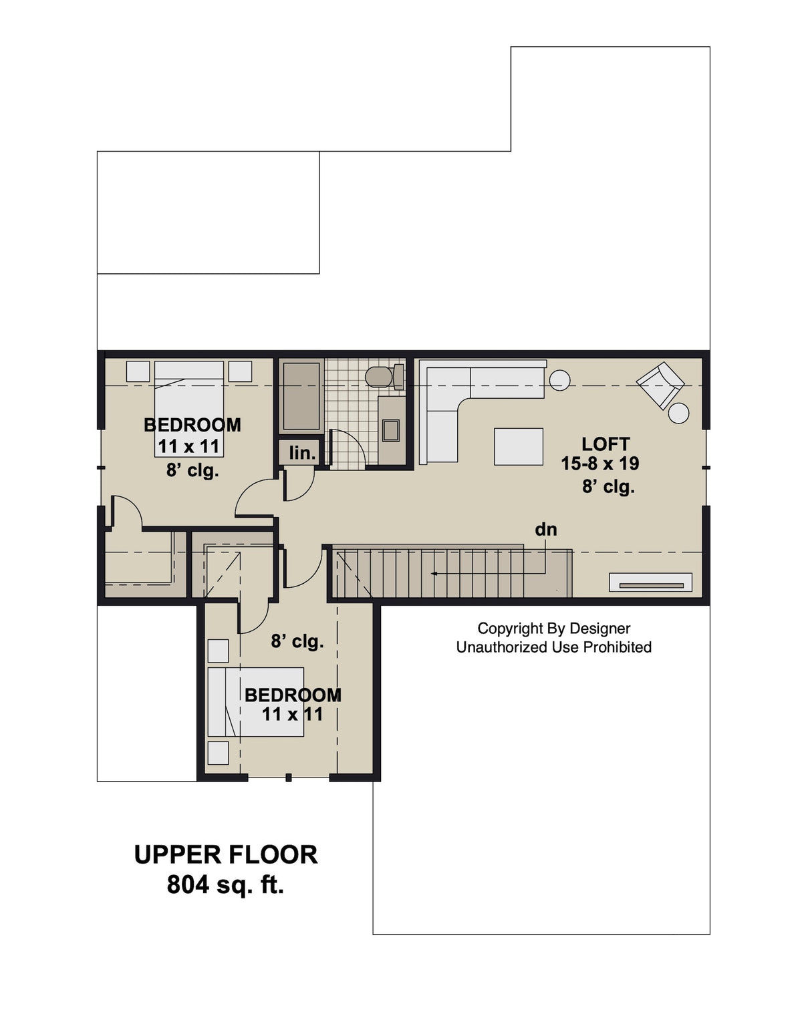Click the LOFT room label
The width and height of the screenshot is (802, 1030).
(606, 444)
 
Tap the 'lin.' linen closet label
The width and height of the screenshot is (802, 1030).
(302, 454)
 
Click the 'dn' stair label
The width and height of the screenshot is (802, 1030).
(545, 530)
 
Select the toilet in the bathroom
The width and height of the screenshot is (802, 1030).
(381, 377)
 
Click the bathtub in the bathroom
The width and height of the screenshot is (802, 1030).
(301, 396)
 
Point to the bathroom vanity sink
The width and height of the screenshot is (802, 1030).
(391, 430)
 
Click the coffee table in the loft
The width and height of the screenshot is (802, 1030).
(519, 446)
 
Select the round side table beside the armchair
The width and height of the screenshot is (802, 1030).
(679, 413)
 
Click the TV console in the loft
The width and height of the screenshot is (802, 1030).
(650, 582)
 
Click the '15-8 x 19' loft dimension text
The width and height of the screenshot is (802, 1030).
(599, 464)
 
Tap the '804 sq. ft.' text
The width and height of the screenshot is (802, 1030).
(225, 884)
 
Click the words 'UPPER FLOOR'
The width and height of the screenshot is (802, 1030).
(225, 855)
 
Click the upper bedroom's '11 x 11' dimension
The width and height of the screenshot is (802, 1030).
(188, 446)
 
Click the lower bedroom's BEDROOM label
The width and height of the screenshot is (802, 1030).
(292, 695)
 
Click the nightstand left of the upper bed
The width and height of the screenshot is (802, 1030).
(138, 371)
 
